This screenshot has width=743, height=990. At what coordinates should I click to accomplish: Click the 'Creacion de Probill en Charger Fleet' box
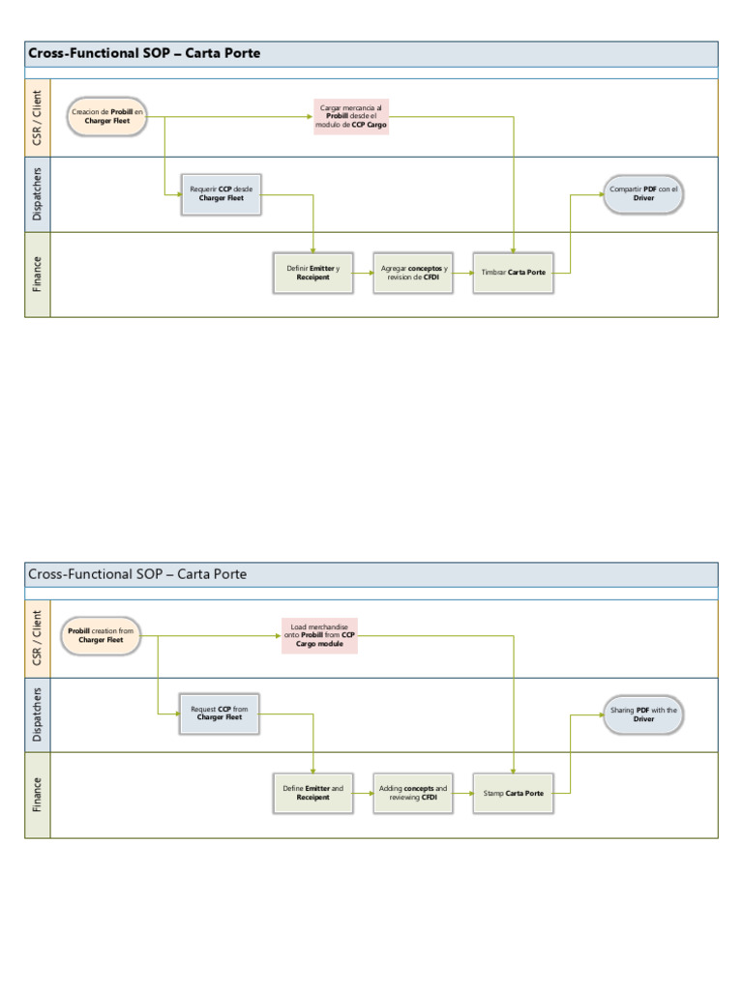pyautogui.click(x=107, y=116)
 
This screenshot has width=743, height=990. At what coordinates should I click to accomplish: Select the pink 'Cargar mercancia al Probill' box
pyautogui.click(x=351, y=117)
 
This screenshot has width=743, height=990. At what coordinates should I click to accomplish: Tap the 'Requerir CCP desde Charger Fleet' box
pyautogui.click(x=222, y=194)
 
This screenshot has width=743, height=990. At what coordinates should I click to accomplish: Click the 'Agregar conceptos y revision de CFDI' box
pyautogui.click(x=413, y=273)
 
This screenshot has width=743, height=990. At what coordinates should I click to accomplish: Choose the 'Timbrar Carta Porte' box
pyautogui.click(x=513, y=273)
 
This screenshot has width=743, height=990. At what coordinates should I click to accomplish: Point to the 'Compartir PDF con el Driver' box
pyautogui.click(x=643, y=194)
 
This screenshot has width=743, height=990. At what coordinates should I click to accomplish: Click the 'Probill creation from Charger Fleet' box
pyautogui.click(x=101, y=635)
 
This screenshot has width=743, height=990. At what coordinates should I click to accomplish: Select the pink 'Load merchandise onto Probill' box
pyautogui.click(x=319, y=635)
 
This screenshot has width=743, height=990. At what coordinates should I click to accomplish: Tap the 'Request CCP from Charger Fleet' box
pyautogui.click(x=219, y=713)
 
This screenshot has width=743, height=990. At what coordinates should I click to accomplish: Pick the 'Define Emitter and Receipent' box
pyautogui.click(x=312, y=793)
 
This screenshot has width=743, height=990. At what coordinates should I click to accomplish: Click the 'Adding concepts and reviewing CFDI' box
pyautogui.click(x=413, y=793)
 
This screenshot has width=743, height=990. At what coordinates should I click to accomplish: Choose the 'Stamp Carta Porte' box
pyautogui.click(x=513, y=793)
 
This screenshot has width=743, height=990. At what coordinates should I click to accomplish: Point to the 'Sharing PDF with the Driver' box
pyautogui.click(x=643, y=714)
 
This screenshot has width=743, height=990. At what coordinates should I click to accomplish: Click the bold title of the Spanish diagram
pyautogui.click(x=144, y=53)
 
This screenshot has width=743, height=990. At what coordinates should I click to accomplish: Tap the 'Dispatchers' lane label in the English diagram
pyautogui.click(x=38, y=714)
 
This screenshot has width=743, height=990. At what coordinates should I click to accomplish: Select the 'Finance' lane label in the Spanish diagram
pyautogui.click(x=38, y=274)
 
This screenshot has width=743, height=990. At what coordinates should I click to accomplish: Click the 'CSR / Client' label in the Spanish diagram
pyautogui.click(x=38, y=118)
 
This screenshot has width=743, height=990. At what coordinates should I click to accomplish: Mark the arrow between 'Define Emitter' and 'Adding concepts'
pyautogui.click(x=363, y=794)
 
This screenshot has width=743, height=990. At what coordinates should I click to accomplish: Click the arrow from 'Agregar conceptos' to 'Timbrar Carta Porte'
pyautogui.click(x=462, y=273)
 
